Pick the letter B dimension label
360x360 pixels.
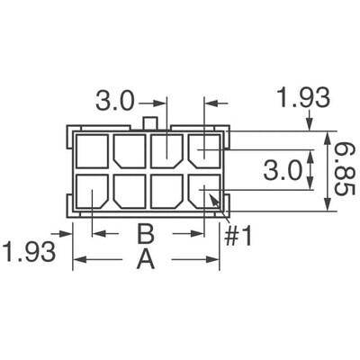click(x=146, y=236)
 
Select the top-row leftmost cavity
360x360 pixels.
click(x=93, y=150)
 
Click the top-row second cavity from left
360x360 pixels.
click(x=130, y=150)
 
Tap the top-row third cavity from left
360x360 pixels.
click(x=166, y=150)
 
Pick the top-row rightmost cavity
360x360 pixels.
click(x=204, y=150)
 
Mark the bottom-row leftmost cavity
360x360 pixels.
click(x=93, y=193)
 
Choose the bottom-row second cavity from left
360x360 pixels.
click(x=130, y=193)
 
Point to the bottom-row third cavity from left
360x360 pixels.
click(x=166, y=193)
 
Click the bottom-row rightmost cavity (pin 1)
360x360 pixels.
click(x=204, y=193)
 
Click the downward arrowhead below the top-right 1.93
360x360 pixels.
click(x=311, y=125)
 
